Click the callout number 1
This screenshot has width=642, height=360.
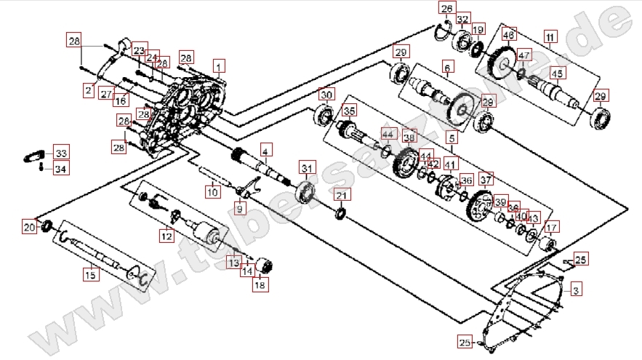(217, 65)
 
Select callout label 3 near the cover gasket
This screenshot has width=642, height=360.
(575, 291)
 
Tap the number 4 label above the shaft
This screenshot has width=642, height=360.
(266, 151)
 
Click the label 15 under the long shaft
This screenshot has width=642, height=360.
(90, 275)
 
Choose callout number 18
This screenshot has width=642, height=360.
(260, 285)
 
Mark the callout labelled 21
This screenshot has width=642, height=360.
(342, 194)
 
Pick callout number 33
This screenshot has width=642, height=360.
(60, 153)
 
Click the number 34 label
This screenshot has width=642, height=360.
(60, 169)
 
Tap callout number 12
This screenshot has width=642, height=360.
(166, 236)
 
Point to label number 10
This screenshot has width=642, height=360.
(212, 193)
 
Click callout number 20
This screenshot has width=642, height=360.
(29, 228)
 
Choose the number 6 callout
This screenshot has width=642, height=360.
(447, 68)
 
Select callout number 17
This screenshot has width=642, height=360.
(553, 226)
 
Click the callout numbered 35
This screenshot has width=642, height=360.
(350, 111)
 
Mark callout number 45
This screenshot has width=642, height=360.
(557, 73)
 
